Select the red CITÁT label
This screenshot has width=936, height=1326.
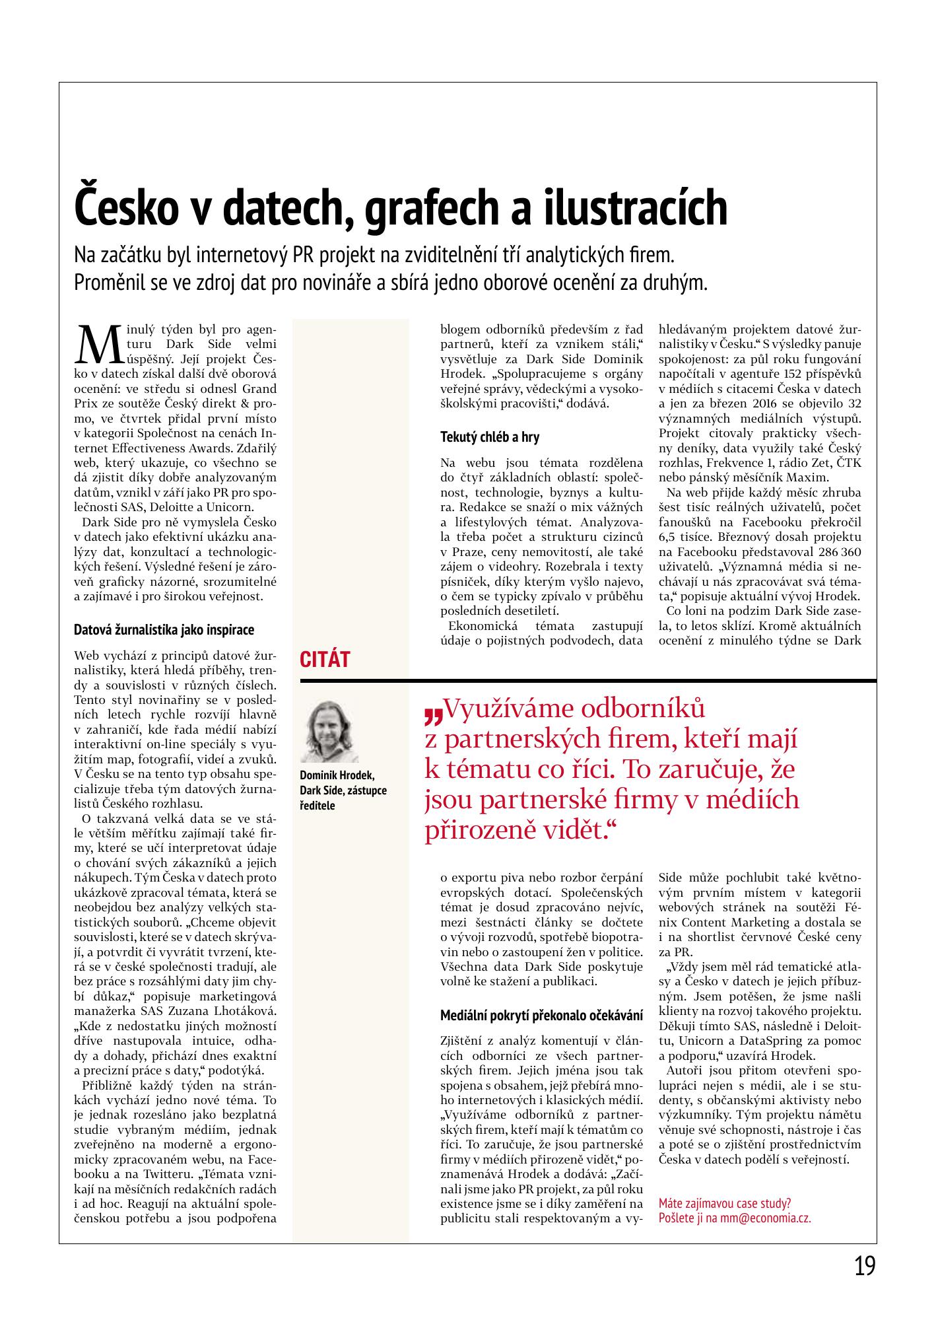point(325,659)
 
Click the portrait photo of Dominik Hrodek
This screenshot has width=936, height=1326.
point(329,731)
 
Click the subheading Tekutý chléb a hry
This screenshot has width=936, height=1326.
point(490,437)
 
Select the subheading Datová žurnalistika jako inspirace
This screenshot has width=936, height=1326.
point(164,629)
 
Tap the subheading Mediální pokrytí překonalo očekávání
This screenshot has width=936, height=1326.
point(541,1016)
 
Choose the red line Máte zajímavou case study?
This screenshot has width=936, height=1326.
point(725,1203)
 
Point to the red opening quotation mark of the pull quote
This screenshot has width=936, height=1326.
point(433,714)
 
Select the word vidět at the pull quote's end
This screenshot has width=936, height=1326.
point(572,829)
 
